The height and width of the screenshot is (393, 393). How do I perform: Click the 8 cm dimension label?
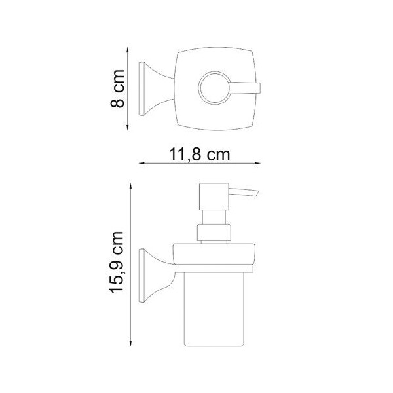coord(118,88)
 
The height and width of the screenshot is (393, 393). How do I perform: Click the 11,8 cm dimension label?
coord(200,154)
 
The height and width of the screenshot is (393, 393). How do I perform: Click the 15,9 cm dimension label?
coord(117,262)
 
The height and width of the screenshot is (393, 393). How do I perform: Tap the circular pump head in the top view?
coord(214,88)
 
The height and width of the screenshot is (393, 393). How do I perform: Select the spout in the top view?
coord(246,88)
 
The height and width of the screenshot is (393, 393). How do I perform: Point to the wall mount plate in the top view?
coord(142,88)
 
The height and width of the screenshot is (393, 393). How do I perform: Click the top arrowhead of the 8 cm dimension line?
coord(128,49)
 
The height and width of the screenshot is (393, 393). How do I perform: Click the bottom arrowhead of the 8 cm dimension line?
coord(128,128)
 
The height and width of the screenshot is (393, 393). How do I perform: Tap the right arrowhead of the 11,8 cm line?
coord(257,163)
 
